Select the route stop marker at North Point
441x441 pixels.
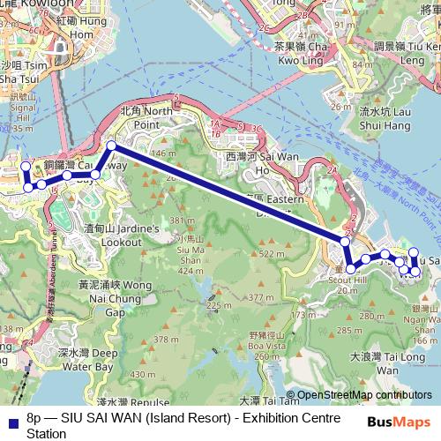click(x=111, y=146)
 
